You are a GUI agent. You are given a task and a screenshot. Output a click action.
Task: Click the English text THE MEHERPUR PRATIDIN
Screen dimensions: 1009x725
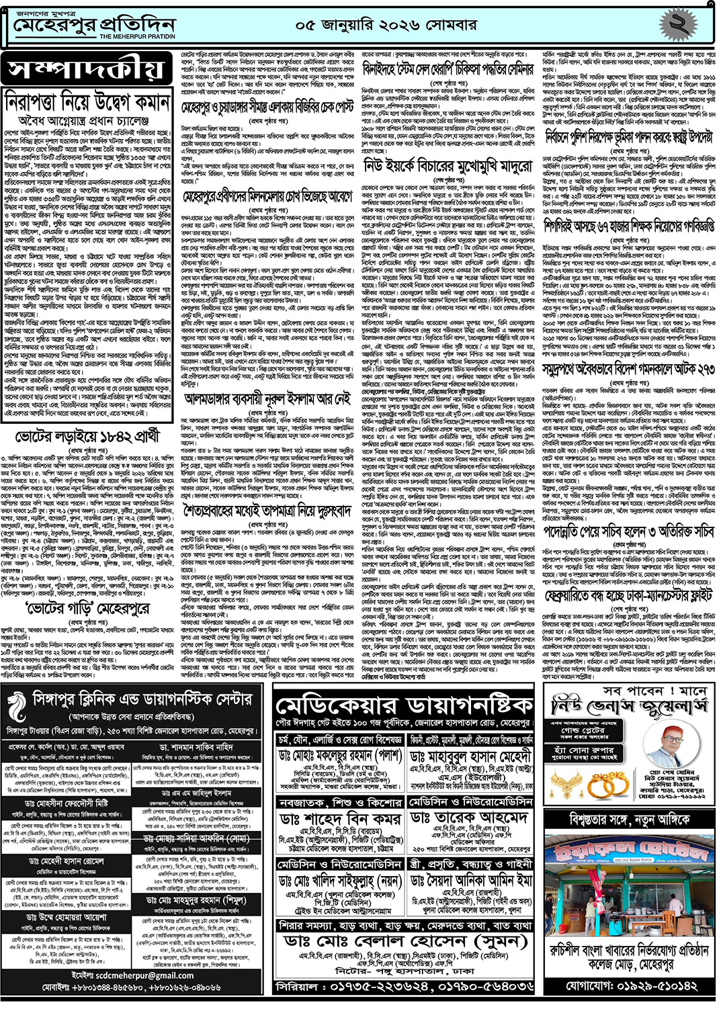137,36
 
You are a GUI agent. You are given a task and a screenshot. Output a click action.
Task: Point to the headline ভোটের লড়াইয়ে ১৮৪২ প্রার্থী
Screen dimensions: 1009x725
85,437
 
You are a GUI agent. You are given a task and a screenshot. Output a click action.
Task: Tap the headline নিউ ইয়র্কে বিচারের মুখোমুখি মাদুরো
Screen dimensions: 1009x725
448,165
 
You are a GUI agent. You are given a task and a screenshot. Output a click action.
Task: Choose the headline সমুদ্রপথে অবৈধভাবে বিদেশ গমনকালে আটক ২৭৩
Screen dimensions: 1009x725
628,370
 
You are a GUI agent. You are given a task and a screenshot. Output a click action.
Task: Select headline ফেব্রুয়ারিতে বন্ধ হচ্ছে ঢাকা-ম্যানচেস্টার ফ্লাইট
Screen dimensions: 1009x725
628,596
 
